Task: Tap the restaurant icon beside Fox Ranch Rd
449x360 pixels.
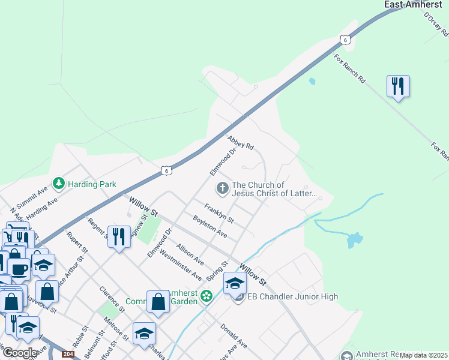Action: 398,86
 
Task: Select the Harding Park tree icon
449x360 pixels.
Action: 58,183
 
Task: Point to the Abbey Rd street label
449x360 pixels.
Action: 241,142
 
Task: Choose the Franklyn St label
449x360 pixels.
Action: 218,214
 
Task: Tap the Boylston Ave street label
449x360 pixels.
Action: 210,226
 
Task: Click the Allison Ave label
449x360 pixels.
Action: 190,254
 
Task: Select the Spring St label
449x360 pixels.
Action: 217,271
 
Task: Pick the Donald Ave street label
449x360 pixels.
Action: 234,336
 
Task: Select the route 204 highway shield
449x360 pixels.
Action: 68,354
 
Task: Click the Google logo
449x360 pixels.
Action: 20,353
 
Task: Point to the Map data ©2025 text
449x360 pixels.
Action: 424,355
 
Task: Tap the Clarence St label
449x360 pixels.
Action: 112,298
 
